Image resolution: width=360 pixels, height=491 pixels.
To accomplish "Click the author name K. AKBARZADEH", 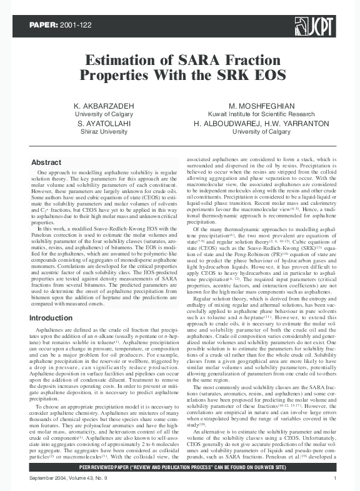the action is tap(104, 106).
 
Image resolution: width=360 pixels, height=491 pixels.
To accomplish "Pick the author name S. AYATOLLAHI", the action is tap(104, 124).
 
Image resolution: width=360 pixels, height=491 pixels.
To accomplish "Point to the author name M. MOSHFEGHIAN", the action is tap(262, 106).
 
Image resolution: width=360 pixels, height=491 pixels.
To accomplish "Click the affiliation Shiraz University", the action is tap(104, 132).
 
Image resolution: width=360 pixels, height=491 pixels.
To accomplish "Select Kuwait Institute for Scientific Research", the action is tap(262, 114).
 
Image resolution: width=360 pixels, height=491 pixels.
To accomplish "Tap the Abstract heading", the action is tap(46, 162).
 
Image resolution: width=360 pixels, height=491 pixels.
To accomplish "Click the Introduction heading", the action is tap(51, 318).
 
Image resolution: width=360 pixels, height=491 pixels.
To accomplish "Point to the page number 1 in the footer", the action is tap(336, 479).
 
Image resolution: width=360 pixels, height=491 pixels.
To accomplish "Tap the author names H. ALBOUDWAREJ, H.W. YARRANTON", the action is tap(262, 124).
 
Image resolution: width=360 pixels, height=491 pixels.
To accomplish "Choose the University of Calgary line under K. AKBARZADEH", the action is tap(104, 114).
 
